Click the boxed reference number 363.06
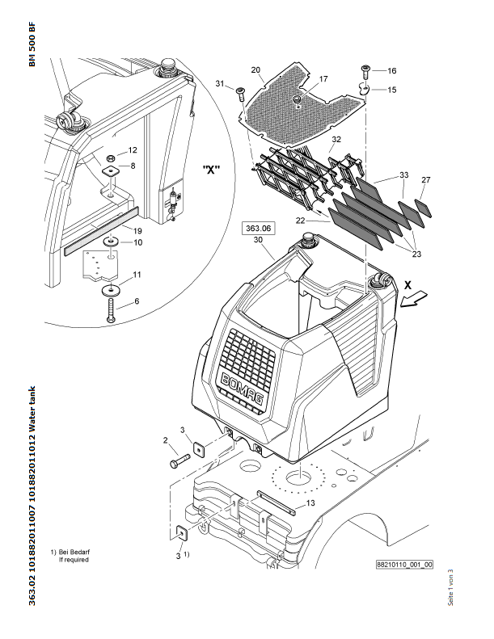click(x=258, y=228)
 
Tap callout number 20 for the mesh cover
click(x=255, y=69)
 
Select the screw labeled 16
click(x=365, y=72)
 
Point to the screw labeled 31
click(x=239, y=95)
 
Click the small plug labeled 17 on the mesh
click(x=298, y=99)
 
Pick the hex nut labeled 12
click(x=111, y=158)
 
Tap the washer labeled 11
click(x=111, y=290)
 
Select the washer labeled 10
click(x=111, y=242)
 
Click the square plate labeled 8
click(x=110, y=171)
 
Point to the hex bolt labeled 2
click(x=179, y=461)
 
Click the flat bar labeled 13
click(x=276, y=503)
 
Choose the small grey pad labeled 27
click(x=423, y=208)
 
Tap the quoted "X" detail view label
click(x=211, y=170)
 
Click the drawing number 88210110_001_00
click(x=404, y=565)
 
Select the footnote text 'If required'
click(x=74, y=560)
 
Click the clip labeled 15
click(x=364, y=89)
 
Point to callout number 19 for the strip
click(x=137, y=231)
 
